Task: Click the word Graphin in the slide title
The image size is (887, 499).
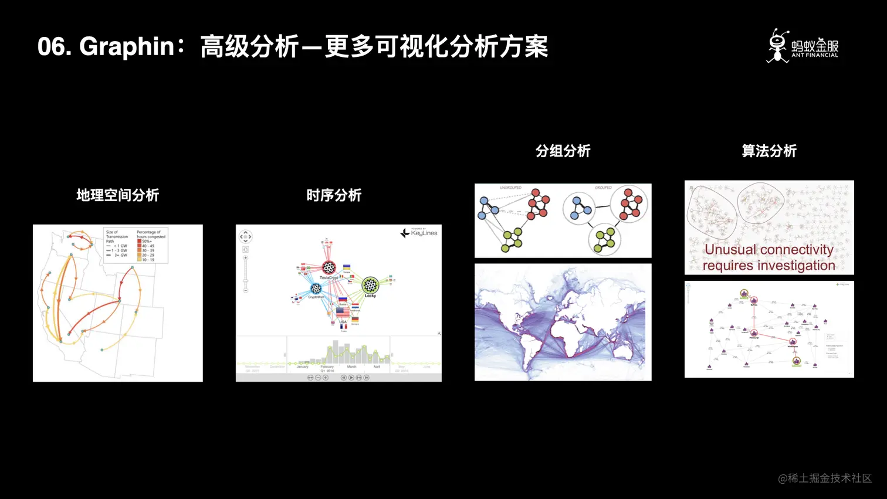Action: [x=127, y=46]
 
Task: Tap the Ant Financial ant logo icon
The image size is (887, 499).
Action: [x=778, y=46]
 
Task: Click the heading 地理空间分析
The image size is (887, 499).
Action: [x=117, y=195]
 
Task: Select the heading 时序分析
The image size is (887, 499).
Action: [x=334, y=195]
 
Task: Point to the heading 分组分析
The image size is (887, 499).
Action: [x=563, y=151]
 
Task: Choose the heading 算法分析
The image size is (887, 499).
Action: [x=769, y=151]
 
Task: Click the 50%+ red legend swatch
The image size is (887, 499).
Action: [x=139, y=241]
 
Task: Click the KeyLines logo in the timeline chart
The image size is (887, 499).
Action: [x=419, y=233]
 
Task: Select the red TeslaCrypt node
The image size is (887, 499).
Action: [x=329, y=268]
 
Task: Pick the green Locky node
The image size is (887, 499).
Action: [x=370, y=285]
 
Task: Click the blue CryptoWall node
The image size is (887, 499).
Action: [x=316, y=288]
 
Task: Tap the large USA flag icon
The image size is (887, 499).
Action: [x=343, y=313]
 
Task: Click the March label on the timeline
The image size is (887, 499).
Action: [x=351, y=366]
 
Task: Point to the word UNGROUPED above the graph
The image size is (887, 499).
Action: [x=510, y=188]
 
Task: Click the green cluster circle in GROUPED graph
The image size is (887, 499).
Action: [x=605, y=239]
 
